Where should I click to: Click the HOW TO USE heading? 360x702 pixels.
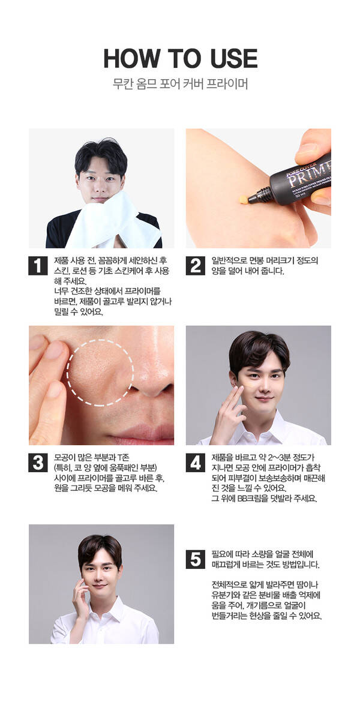pyautogui.click(x=180, y=58)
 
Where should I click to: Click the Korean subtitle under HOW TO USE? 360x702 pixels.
pyautogui.click(x=180, y=84)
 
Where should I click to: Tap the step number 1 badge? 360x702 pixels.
pyautogui.click(x=38, y=265)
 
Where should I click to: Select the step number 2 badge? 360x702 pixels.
pyautogui.click(x=195, y=265)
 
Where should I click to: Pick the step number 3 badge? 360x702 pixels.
pyautogui.click(x=38, y=463)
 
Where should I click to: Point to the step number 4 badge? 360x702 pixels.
pyautogui.click(x=195, y=463)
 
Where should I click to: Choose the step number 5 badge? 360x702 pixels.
pyautogui.click(x=195, y=559)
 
